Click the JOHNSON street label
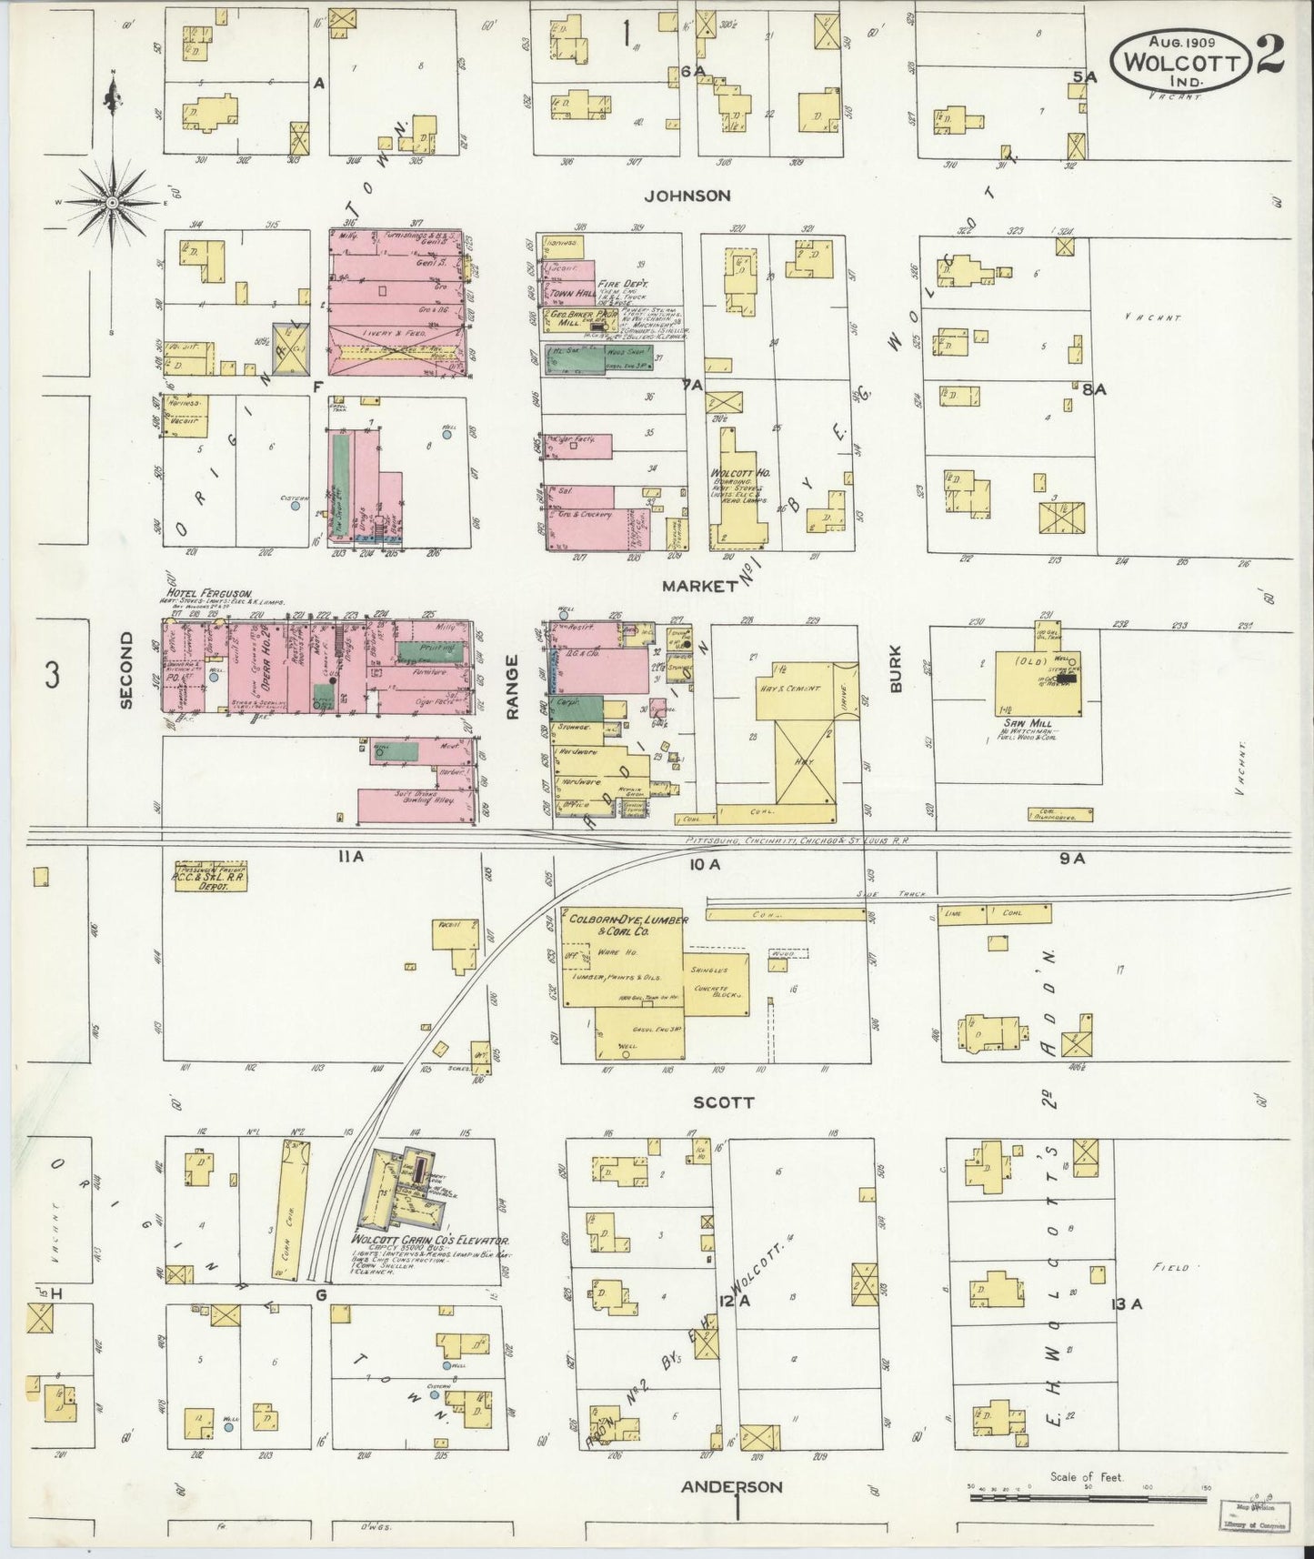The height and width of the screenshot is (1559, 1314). [687, 196]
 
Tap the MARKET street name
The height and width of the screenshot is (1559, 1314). [698, 586]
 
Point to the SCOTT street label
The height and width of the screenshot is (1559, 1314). [724, 1102]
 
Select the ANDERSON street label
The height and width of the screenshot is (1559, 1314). [732, 1486]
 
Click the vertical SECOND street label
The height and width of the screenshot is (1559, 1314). [126, 670]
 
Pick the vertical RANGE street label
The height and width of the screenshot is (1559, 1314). [512, 687]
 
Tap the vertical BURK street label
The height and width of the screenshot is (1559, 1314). [895, 669]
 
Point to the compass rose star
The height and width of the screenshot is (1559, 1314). [112, 201]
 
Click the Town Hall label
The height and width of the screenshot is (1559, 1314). [567, 296]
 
